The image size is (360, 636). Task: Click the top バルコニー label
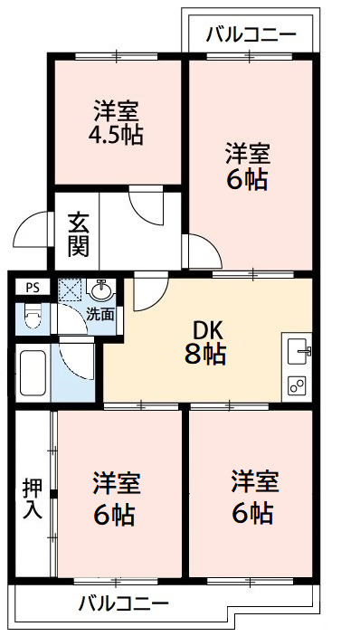point(251,36)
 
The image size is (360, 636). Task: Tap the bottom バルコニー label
point(123,603)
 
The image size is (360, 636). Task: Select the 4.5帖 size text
point(117,137)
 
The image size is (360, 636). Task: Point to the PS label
point(33,289)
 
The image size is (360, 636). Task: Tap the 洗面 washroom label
point(100,315)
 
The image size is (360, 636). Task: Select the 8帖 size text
point(207,354)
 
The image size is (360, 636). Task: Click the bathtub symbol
point(33,372)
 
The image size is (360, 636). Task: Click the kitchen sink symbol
point(299,348)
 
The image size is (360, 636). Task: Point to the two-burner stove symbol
point(298,384)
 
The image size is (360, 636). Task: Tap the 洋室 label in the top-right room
point(247,150)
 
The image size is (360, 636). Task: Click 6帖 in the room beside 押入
point(114,515)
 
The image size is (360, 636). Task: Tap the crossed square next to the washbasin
point(71,291)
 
